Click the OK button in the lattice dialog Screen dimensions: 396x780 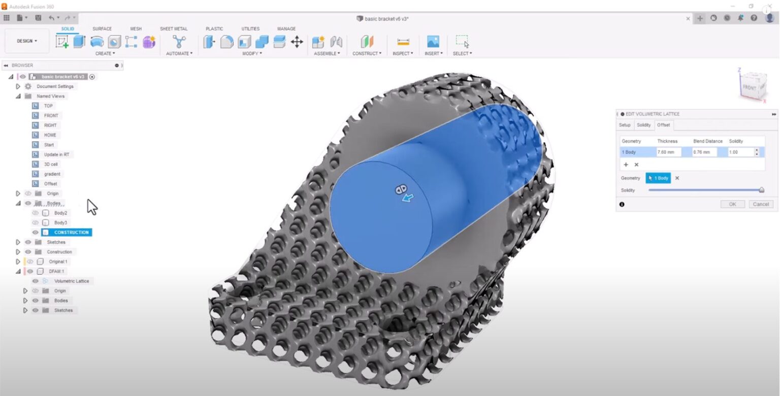(732, 204)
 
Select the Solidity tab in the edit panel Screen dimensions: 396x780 (643, 125)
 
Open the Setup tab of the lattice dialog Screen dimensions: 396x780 (625, 125)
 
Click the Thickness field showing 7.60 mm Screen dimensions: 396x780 (668, 152)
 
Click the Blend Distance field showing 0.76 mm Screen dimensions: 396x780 (704, 152)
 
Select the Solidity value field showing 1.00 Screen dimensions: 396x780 (740, 152)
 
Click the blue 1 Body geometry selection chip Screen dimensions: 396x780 (658, 178)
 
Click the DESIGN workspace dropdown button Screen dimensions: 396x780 (27, 41)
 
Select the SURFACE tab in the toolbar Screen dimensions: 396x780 (102, 29)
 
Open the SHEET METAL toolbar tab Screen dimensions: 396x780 (174, 29)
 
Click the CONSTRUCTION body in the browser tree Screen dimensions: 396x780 (71, 233)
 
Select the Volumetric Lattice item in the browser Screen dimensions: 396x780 (71, 281)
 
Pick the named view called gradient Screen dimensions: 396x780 (52, 174)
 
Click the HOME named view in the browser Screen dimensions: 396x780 (50, 135)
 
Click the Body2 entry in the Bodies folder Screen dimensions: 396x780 (60, 213)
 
